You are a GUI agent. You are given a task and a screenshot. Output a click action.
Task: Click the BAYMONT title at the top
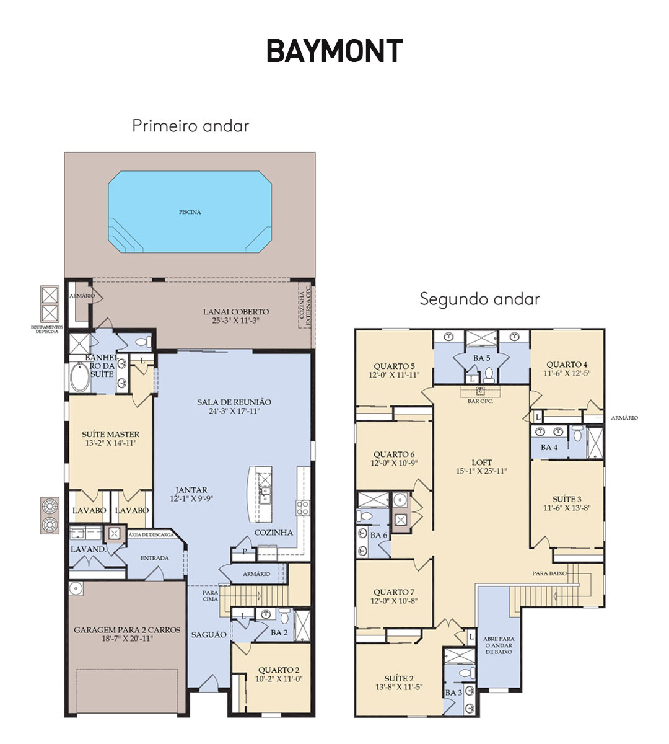[x=334, y=51]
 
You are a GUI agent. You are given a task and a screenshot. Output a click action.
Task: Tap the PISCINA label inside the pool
[x=190, y=212]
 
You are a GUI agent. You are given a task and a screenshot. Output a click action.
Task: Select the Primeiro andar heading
[x=191, y=126]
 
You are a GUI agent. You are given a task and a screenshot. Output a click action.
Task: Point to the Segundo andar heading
[x=479, y=299]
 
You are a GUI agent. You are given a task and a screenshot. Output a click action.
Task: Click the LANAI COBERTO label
[x=236, y=311]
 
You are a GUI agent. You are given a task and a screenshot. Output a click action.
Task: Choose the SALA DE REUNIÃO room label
[x=234, y=402]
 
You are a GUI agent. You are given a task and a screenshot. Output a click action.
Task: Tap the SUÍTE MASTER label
[x=110, y=434]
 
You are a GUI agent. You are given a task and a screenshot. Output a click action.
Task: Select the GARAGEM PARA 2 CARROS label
[x=127, y=630]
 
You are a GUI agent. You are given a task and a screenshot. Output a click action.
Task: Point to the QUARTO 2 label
[x=279, y=670]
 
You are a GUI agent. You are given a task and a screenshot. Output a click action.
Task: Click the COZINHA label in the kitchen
[x=274, y=533]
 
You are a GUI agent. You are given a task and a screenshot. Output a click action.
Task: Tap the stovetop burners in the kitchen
[x=302, y=508]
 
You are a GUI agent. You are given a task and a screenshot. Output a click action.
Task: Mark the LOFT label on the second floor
[x=481, y=463]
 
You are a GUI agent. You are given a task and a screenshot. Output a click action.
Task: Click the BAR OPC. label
[x=480, y=401]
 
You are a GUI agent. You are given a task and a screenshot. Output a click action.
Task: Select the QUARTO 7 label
[x=393, y=592]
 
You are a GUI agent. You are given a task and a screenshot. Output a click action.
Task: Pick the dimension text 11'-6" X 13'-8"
[x=567, y=508]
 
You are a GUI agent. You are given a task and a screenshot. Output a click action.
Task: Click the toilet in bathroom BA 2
[x=284, y=616]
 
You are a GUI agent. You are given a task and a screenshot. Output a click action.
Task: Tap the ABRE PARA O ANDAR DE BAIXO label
[x=499, y=645]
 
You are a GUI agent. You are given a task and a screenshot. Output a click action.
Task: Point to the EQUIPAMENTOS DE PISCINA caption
[x=46, y=329]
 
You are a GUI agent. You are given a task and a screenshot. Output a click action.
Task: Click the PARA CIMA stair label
[x=210, y=596]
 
